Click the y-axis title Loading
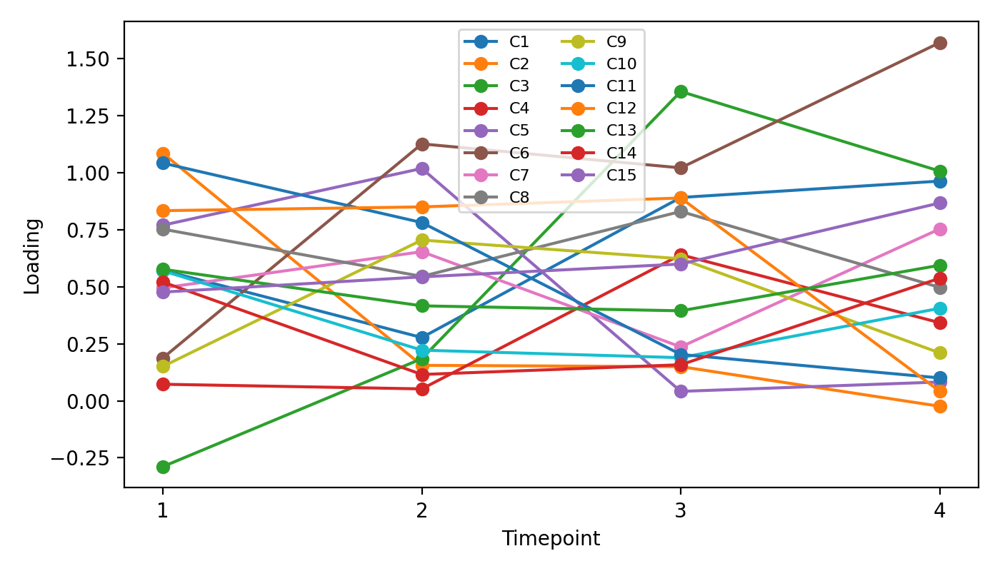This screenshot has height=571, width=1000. point(32,256)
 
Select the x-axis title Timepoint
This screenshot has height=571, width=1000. point(551,539)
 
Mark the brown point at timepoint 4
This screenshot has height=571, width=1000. point(940,43)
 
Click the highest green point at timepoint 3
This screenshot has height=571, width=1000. point(681,91)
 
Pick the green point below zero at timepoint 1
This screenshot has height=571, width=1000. point(163,467)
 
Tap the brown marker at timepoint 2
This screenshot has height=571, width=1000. point(422,144)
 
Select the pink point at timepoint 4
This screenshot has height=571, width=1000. point(940,229)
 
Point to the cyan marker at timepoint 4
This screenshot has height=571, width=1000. point(940,308)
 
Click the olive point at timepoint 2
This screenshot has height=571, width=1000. point(422,240)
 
